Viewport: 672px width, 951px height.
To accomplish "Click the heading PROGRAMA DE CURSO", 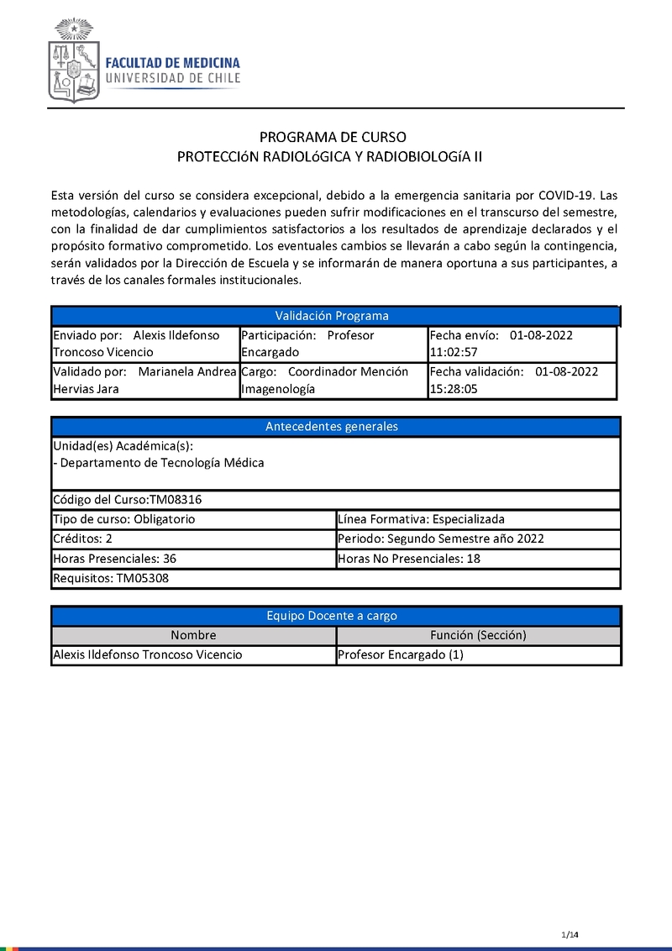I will pyautogui.click(x=333, y=137).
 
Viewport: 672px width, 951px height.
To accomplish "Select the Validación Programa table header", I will pyautogui.click(x=333, y=316).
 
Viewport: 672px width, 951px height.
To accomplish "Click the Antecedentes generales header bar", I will pyautogui.click(x=333, y=426).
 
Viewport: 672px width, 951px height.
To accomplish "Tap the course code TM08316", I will pyautogui.click(x=176, y=500).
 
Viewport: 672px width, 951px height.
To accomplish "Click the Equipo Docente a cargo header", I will pyautogui.click(x=333, y=616).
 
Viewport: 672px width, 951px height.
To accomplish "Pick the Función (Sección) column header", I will pyautogui.click(x=478, y=635).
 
